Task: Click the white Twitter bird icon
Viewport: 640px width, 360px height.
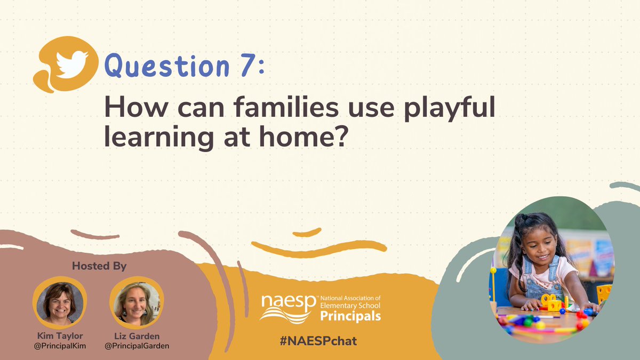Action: pyautogui.click(x=72, y=65)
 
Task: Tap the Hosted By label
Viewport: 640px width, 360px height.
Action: pyautogui.click(x=99, y=266)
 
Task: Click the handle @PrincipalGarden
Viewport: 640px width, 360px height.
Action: pyautogui.click(x=137, y=346)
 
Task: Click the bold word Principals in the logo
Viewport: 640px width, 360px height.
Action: pyautogui.click(x=350, y=316)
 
